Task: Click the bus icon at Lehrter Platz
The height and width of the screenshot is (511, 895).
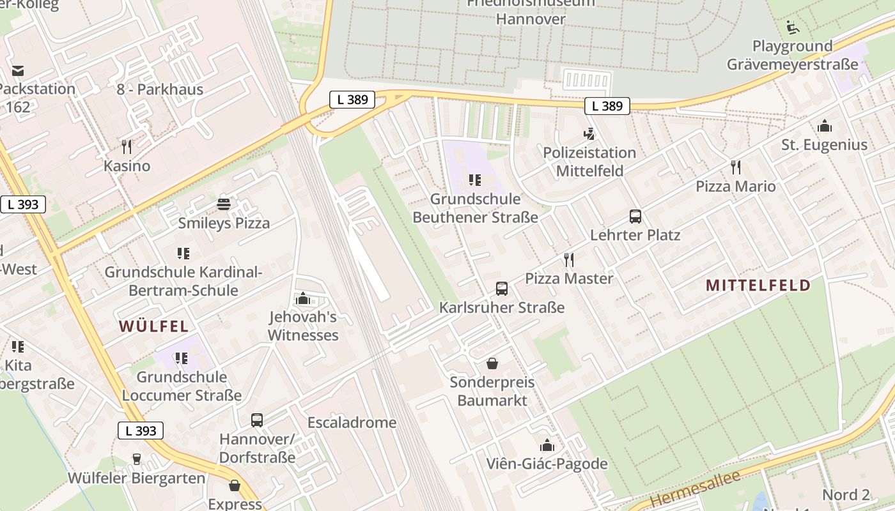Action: click(x=635, y=217)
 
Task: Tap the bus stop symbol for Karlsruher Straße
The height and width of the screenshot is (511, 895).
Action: click(x=502, y=289)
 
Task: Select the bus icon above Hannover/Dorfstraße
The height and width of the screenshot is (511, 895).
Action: click(x=257, y=420)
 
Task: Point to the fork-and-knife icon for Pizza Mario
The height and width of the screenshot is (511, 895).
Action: click(x=736, y=167)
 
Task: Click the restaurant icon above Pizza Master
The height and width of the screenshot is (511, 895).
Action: click(x=569, y=259)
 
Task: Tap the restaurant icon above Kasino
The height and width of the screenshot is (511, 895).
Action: click(x=127, y=147)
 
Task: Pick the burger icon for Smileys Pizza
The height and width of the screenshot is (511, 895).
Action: click(x=224, y=204)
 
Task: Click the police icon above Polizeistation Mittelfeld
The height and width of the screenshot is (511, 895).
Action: click(x=589, y=134)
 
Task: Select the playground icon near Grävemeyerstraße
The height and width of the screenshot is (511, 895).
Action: click(x=793, y=27)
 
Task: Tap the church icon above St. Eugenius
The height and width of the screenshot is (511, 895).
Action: click(x=825, y=126)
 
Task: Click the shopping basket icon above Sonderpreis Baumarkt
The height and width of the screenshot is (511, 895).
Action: click(x=492, y=363)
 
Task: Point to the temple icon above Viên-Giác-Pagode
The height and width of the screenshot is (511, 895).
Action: click(x=547, y=445)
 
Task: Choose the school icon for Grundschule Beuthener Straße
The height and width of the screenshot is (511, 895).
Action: click(x=474, y=180)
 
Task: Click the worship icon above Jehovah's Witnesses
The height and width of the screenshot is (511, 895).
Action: click(x=302, y=298)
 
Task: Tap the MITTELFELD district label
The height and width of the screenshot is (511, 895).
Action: click(x=758, y=286)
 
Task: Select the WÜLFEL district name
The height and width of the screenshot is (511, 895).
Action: click(x=154, y=326)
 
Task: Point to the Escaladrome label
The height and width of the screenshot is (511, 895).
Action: click(x=352, y=423)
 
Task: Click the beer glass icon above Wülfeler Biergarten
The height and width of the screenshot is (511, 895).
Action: click(x=136, y=459)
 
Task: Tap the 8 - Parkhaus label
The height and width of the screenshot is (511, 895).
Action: click(x=160, y=89)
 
